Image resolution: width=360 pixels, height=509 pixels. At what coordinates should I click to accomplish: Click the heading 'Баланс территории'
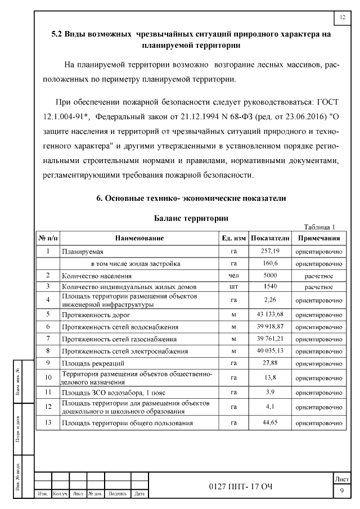pyautogui.click(x=191, y=217)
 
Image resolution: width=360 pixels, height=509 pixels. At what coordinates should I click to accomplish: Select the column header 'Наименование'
pyautogui.click(x=139, y=238)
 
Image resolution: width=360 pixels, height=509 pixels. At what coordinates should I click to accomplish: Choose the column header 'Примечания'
pyautogui.click(x=319, y=238)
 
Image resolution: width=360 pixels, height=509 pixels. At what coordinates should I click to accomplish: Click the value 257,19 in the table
pyautogui.click(x=270, y=251)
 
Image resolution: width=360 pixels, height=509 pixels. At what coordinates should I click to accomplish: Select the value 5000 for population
pyautogui.click(x=270, y=276)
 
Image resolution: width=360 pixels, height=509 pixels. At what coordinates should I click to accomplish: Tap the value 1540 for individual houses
pyautogui.click(x=270, y=287)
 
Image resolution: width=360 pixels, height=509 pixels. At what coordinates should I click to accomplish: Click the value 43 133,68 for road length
pyautogui.click(x=270, y=314)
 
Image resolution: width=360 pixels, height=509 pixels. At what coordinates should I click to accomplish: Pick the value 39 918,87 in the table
pyautogui.click(x=270, y=326)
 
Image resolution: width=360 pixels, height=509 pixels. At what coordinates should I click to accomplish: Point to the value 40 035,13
pyautogui.click(x=270, y=351)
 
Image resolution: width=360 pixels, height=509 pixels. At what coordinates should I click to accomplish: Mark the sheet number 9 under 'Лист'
pyautogui.click(x=341, y=492)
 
